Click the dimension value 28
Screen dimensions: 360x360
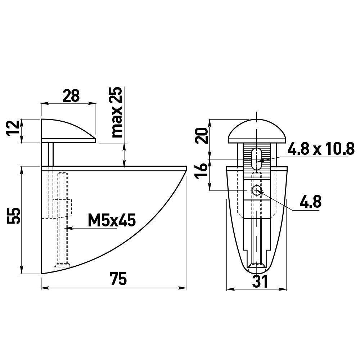pyautogui.click(x=71, y=96)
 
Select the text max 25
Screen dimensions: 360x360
pyautogui.click(x=117, y=112)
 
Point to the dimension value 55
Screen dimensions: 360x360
pyautogui.click(x=14, y=216)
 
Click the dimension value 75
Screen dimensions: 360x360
pyautogui.click(x=118, y=279)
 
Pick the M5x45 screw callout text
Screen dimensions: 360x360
pyautogui.click(x=112, y=220)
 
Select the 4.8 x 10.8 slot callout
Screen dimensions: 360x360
pyautogui.click(x=321, y=149)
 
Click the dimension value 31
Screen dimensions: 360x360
pyautogui.click(x=260, y=281)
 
